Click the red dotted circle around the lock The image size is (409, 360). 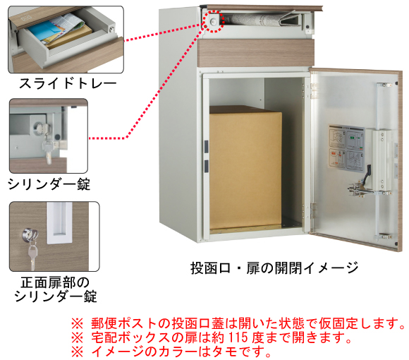(x=214, y=11)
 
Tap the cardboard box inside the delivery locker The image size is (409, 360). (x=245, y=167)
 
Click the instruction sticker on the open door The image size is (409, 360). (x=346, y=148)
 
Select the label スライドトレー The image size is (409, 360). (x=68, y=84)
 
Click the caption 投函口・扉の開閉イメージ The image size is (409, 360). (x=274, y=268)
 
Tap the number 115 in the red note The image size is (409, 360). (x=238, y=337)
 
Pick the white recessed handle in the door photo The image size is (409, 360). (x=59, y=222)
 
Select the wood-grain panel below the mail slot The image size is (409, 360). (x=255, y=53)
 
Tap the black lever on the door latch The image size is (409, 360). (x=367, y=173)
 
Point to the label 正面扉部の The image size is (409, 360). (x=55, y=283)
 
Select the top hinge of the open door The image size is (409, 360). (x=314, y=91)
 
